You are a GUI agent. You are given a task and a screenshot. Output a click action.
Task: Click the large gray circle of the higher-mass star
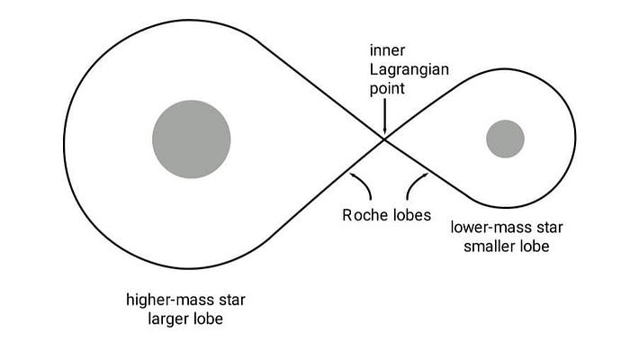click(x=191, y=139)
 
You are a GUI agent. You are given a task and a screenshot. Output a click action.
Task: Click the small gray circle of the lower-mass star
click(x=505, y=139)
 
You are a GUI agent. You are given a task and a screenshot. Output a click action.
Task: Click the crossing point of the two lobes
click(x=385, y=139)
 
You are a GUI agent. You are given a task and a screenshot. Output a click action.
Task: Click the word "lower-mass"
click(x=487, y=227)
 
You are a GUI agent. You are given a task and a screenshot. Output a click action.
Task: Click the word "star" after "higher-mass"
click(x=227, y=298)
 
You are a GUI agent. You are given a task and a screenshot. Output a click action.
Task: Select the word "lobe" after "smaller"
click(x=532, y=246)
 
